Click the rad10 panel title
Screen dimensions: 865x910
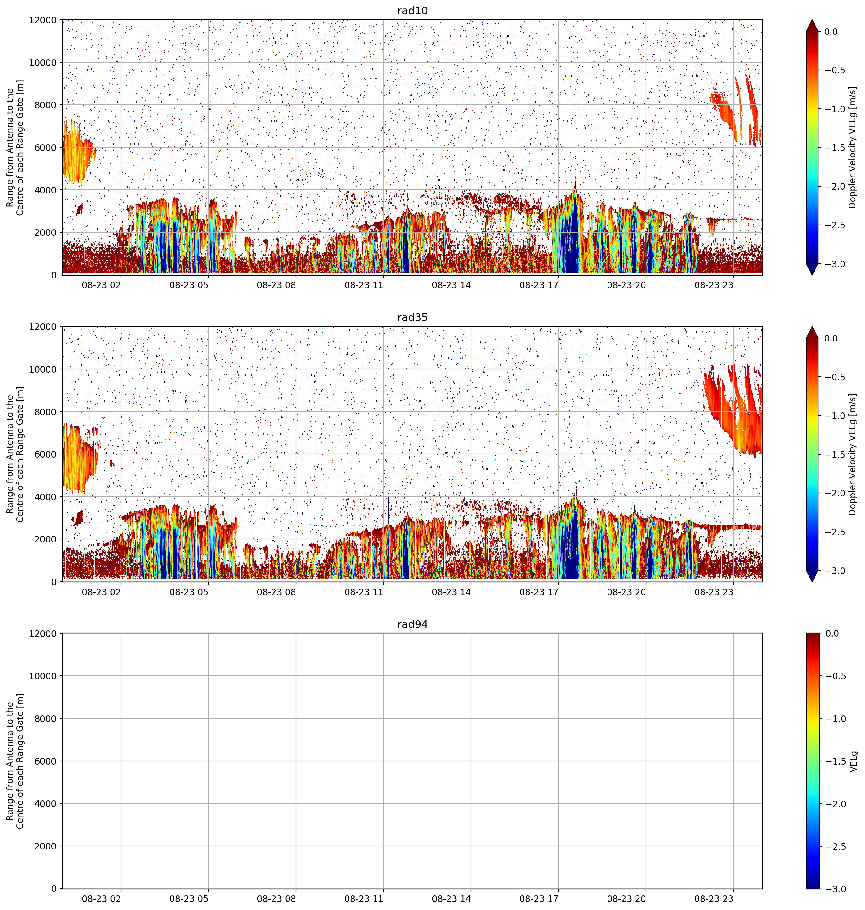[412, 11]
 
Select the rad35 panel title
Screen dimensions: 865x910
[412, 317]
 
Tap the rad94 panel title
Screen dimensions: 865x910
[412, 624]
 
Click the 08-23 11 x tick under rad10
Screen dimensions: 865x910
[364, 285]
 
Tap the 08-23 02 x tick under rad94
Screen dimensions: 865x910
[101, 898]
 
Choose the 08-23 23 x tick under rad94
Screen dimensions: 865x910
[714, 898]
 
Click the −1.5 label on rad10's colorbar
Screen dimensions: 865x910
[835, 147]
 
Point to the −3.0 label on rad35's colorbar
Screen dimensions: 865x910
[835, 571]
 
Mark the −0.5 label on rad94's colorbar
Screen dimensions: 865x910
[835, 676]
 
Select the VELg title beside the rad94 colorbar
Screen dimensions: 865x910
[853, 761]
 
